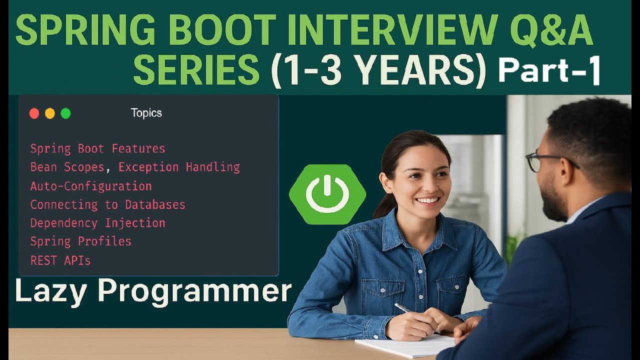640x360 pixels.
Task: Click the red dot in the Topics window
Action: click(34, 113)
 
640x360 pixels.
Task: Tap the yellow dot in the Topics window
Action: click(50, 113)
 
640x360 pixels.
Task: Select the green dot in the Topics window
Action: click(65, 113)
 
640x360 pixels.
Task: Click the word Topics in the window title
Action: click(146, 113)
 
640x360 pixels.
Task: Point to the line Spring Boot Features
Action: click(97, 148)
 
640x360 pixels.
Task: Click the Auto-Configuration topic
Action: click(91, 186)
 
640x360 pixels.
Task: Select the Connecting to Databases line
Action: click(107, 204)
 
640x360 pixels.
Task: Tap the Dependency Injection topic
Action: click(97, 223)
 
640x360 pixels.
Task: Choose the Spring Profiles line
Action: click(80, 241)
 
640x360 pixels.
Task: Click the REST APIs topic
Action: click(60, 260)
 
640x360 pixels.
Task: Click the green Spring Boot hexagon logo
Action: click(327, 194)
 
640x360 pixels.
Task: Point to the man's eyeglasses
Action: click(545, 160)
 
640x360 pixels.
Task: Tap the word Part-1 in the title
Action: click(549, 71)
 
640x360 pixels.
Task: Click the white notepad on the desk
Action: click(400, 346)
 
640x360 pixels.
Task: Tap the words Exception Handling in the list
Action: click(179, 167)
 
